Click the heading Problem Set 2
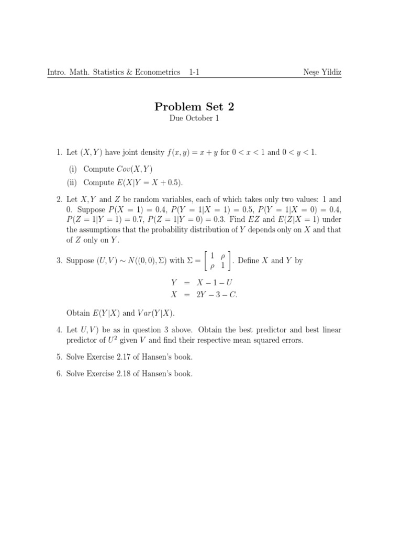(194, 107)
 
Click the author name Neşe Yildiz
(322, 72)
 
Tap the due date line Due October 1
(194, 118)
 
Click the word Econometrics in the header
(158, 72)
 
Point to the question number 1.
(59, 152)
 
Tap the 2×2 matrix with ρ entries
(216, 260)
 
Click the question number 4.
(59, 330)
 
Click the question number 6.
(59, 374)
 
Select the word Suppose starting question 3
(80, 261)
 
